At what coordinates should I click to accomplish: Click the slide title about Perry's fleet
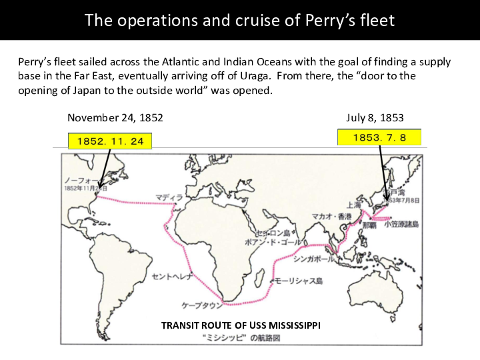(240, 20)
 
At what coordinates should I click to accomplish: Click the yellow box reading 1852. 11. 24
(110, 141)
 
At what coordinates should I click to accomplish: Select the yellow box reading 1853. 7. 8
(379, 137)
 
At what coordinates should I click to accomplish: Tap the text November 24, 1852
(115, 118)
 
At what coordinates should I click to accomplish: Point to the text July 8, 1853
(375, 118)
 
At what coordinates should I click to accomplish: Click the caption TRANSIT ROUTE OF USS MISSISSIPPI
(241, 325)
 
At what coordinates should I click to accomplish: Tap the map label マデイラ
(169, 197)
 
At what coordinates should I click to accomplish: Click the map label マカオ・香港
(332, 216)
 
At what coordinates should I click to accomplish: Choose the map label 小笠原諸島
(401, 225)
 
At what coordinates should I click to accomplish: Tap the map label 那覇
(369, 225)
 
